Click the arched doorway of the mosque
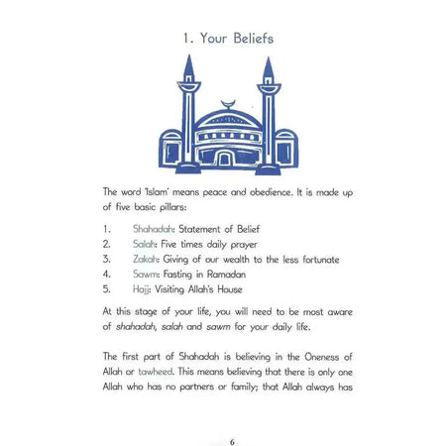(225, 157)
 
